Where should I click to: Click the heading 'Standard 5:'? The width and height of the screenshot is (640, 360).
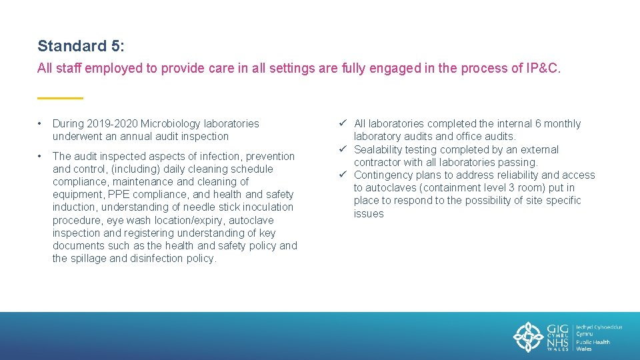tap(81, 46)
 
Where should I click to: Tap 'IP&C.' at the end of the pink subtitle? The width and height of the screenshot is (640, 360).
tap(543, 68)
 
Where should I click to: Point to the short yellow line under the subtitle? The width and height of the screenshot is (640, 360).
tap(60, 98)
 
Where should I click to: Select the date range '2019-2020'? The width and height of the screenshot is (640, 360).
tap(115, 123)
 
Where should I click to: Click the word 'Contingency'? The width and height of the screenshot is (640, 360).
tap(383, 175)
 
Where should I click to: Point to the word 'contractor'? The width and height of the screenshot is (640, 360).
tap(377, 163)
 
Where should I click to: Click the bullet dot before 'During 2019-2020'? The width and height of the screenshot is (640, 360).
tap(41, 124)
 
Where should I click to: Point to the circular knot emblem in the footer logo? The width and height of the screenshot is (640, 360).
tap(529, 336)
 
